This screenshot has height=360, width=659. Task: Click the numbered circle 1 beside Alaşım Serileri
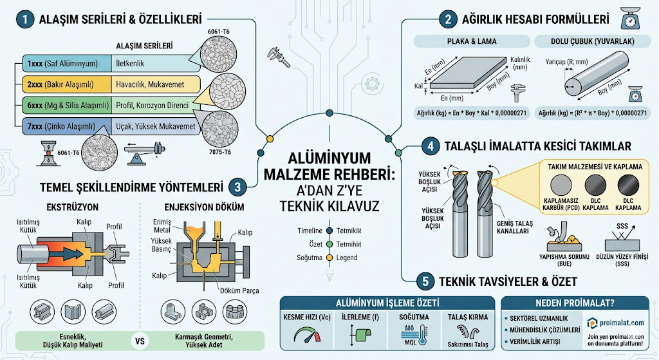(x=24, y=20)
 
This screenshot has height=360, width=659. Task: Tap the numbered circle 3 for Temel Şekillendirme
(x=238, y=188)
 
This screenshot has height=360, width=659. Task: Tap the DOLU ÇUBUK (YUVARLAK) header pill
(x=591, y=42)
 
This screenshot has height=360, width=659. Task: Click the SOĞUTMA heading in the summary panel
(x=413, y=317)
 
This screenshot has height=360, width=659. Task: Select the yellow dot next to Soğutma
(x=329, y=258)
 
